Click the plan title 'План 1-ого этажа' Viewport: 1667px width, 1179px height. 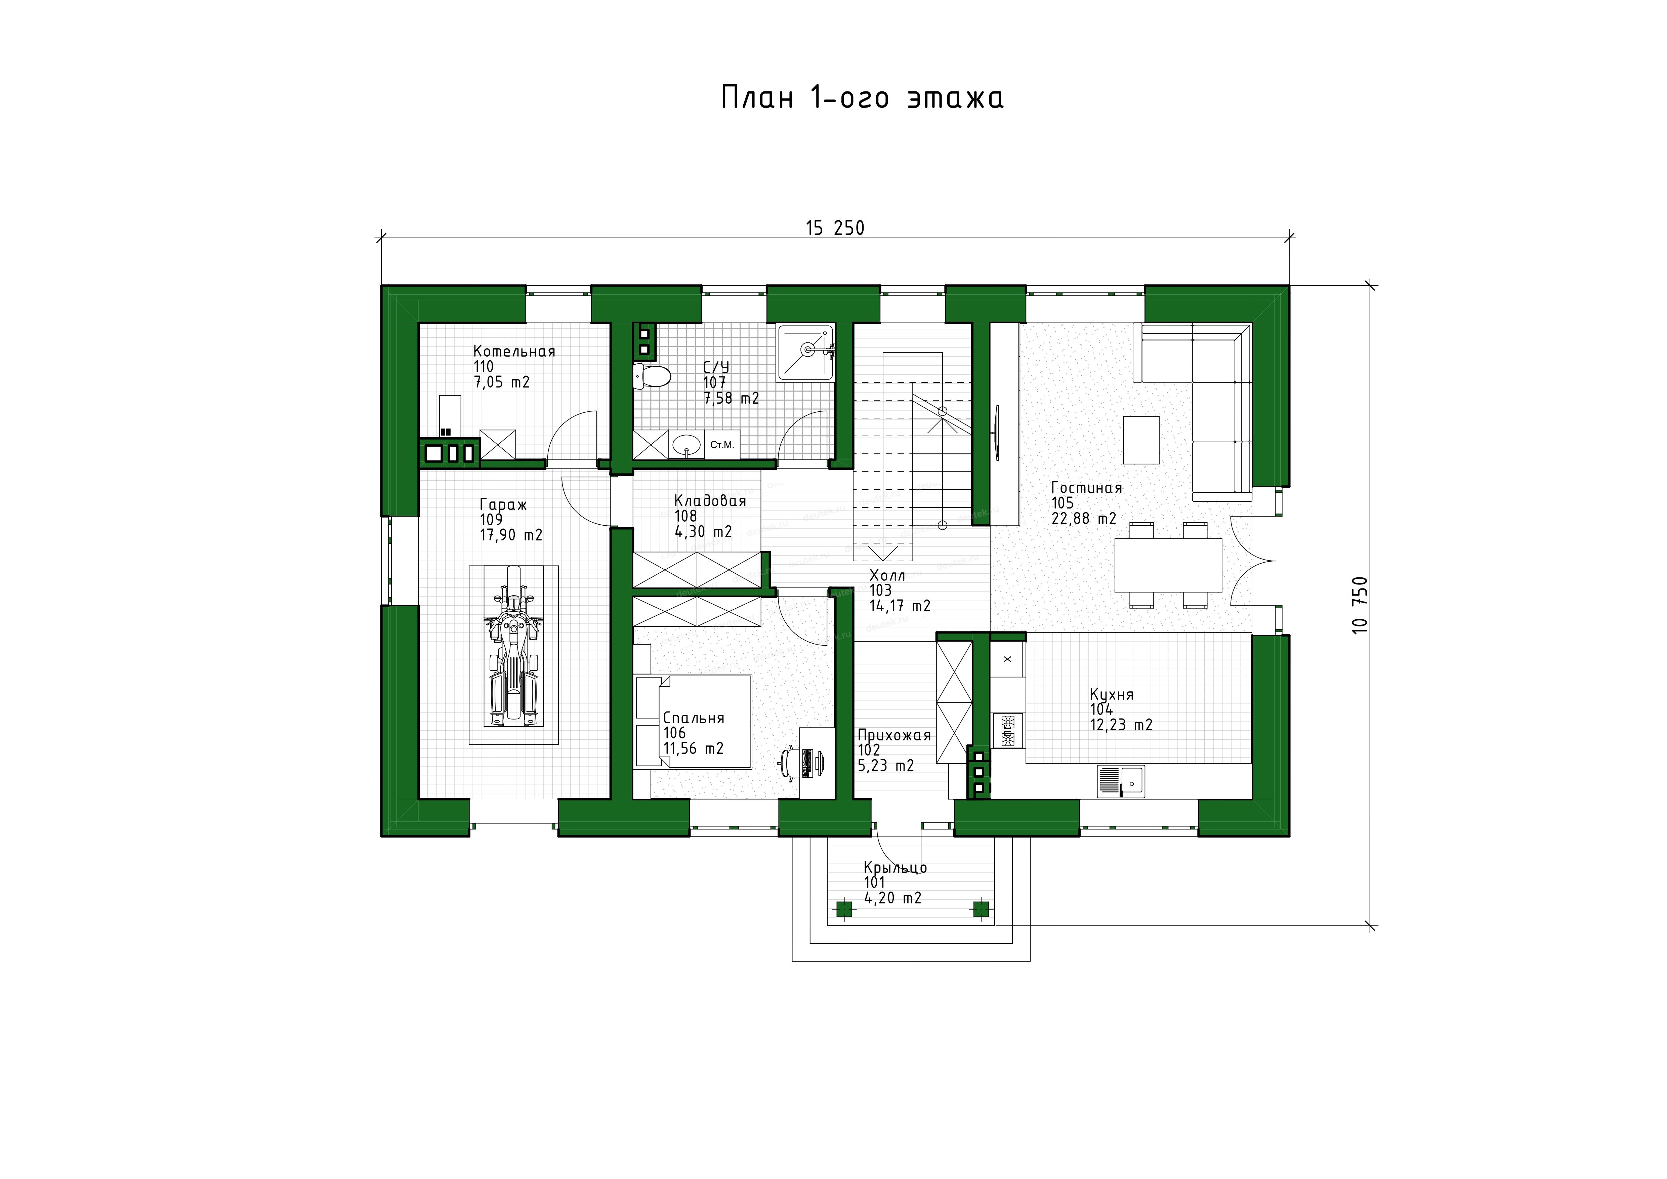[x=862, y=97]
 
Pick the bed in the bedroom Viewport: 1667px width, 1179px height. [x=693, y=721]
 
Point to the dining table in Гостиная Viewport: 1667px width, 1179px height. [x=1168, y=565]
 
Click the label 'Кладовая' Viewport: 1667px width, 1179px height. [x=710, y=501]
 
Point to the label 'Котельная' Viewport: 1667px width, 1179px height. [x=514, y=351]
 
